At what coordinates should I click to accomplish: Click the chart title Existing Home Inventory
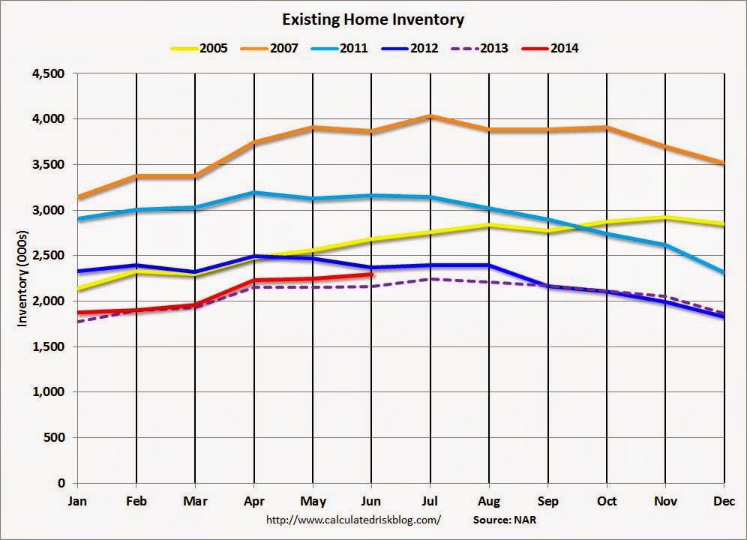coord(373,19)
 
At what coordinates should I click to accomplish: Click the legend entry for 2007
coord(271,48)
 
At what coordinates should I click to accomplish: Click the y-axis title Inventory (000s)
coord(22,278)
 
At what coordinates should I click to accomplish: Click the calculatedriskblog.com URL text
coord(353,519)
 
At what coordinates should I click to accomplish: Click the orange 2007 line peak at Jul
coord(430,115)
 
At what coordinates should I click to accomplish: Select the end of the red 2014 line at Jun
coord(370,274)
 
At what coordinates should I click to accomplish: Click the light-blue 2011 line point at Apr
coord(253,193)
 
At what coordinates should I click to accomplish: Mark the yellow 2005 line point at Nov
coord(666,217)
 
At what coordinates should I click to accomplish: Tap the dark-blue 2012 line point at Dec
coord(724,316)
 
